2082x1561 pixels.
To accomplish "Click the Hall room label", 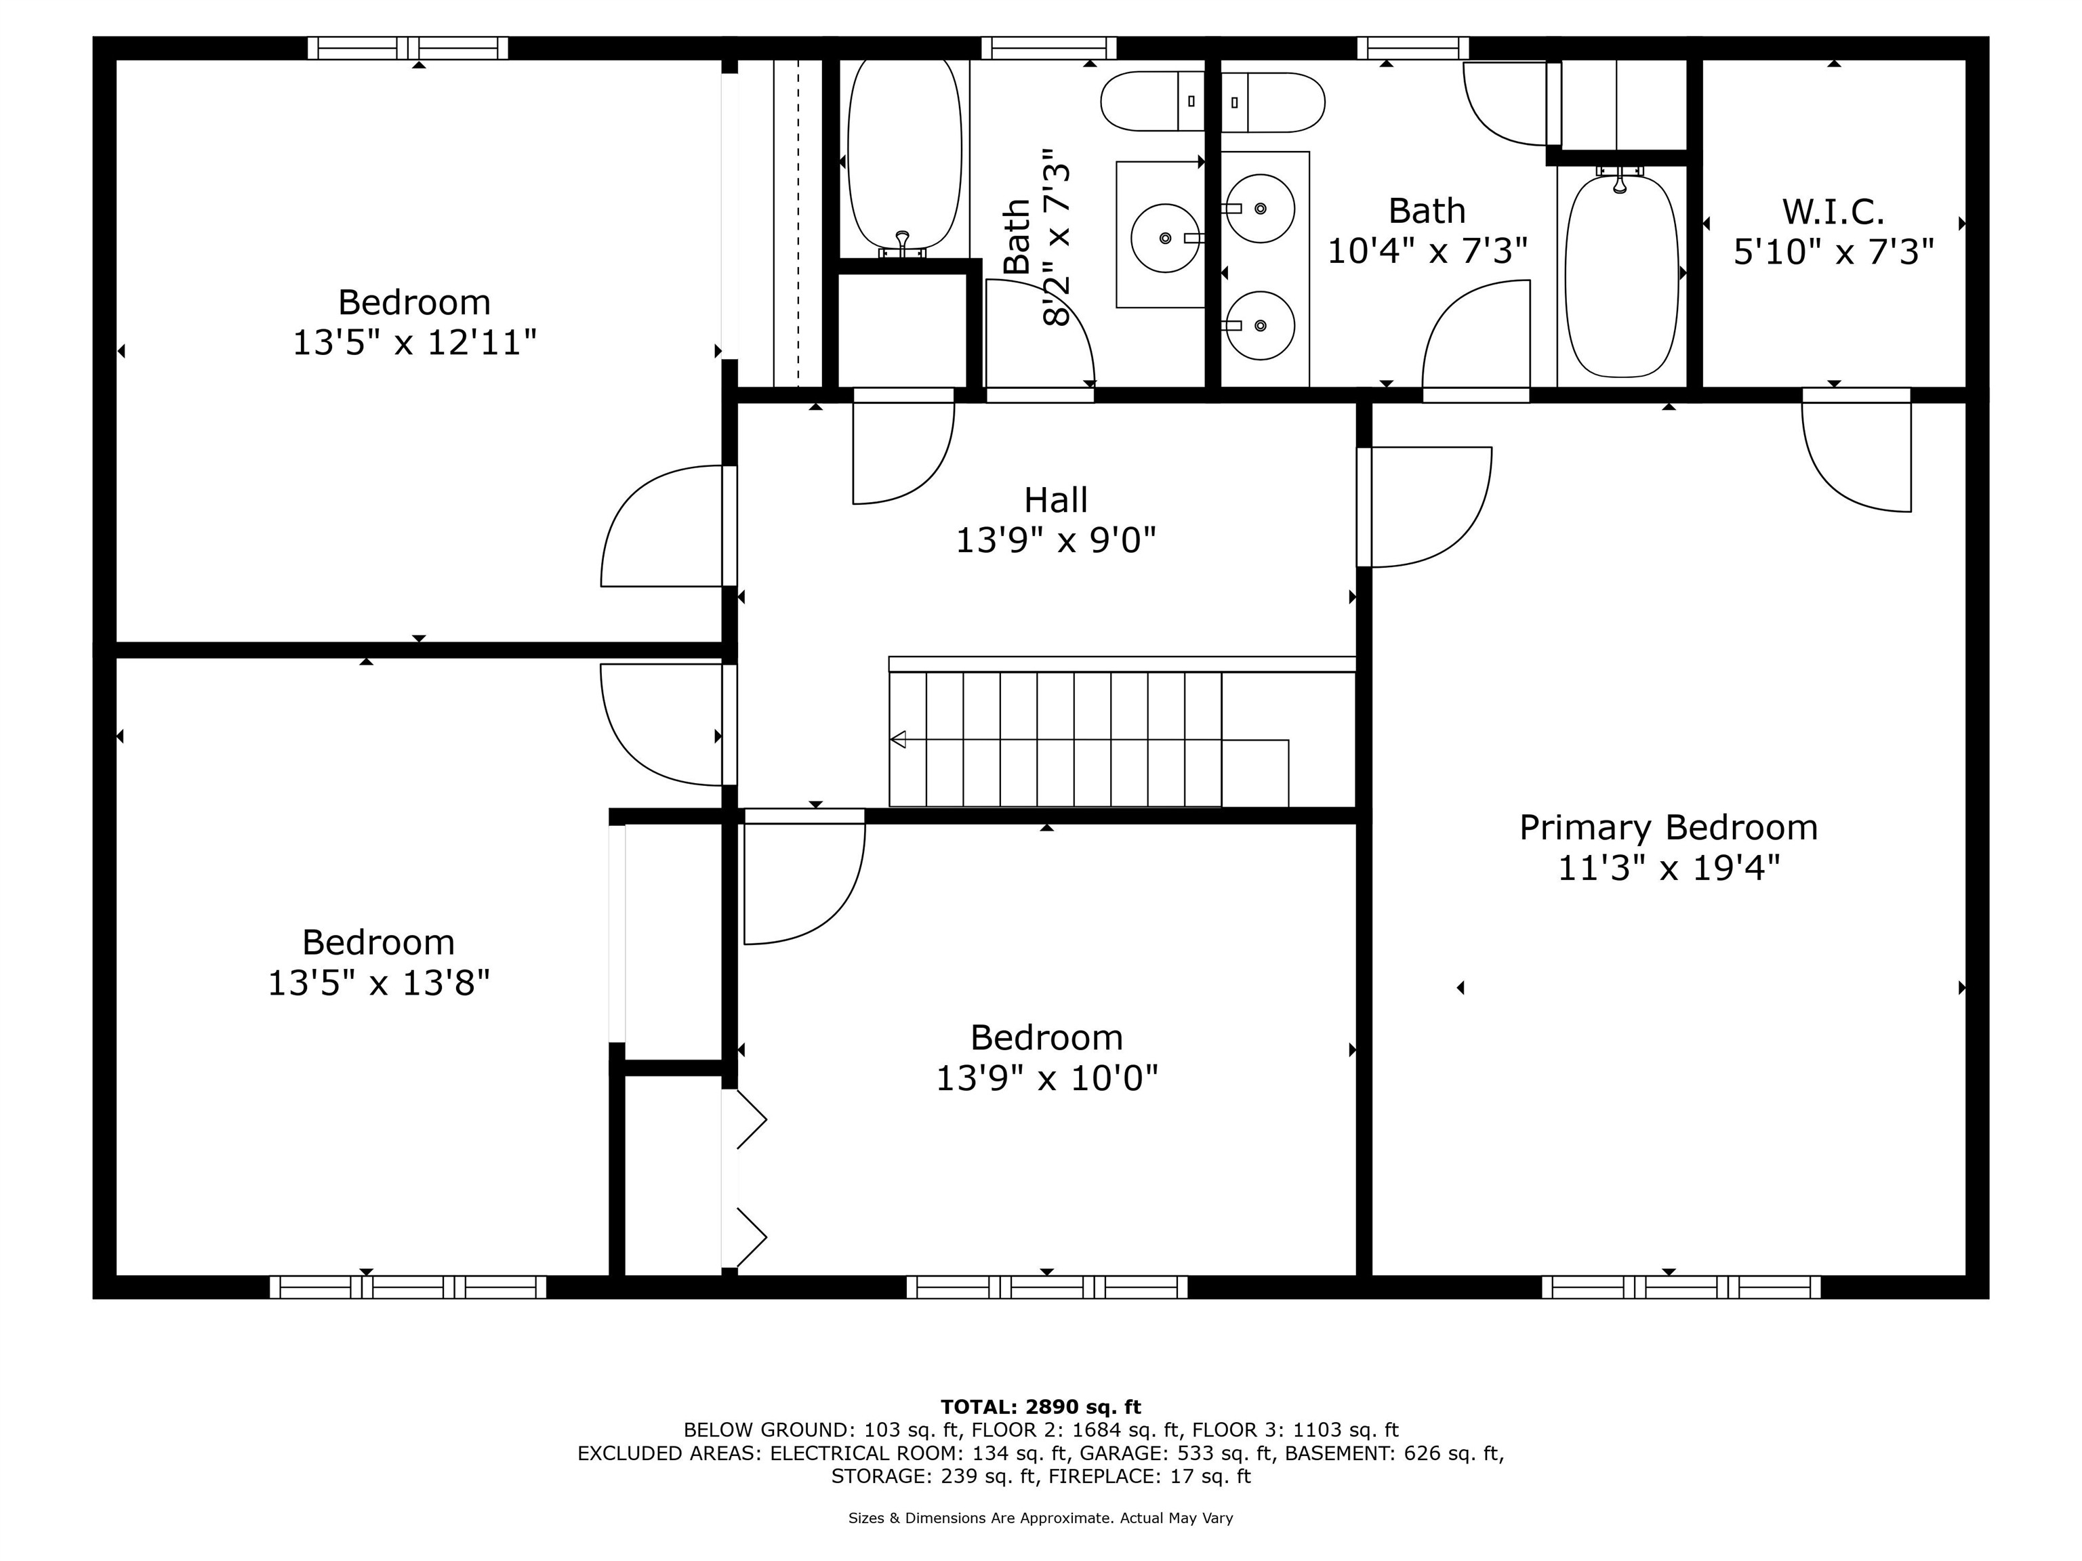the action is point(1055,499).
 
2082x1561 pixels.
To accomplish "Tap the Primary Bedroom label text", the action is point(1668,828).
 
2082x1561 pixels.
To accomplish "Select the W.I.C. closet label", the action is point(1833,211).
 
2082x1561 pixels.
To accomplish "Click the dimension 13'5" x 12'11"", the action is point(414,343).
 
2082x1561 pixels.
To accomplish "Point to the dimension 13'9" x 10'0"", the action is point(1046,1077).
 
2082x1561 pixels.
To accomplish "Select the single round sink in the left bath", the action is point(1165,238).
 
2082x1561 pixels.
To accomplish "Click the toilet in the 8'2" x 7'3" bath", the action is point(1152,102).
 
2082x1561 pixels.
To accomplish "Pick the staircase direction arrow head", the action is point(898,740).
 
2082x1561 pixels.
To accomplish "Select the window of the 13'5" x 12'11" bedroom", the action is point(407,48).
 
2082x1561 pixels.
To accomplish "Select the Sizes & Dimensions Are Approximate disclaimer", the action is point(1040,1518).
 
